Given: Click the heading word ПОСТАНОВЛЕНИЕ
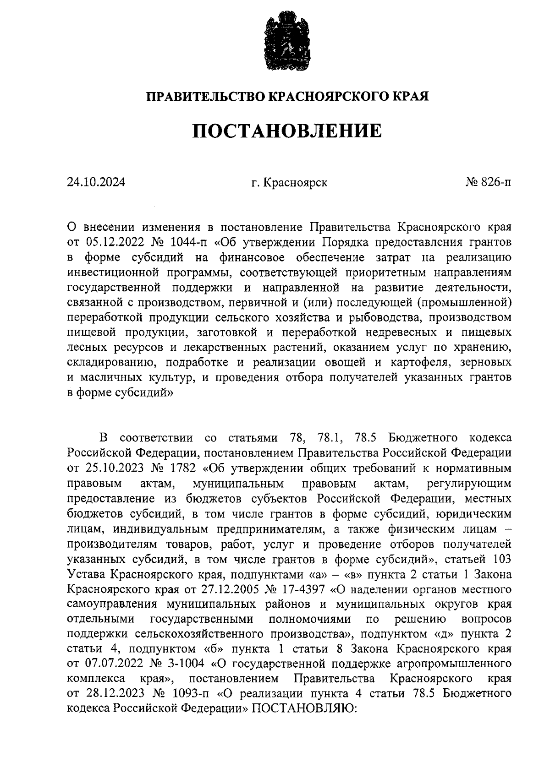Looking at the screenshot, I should tap(287, 131).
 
